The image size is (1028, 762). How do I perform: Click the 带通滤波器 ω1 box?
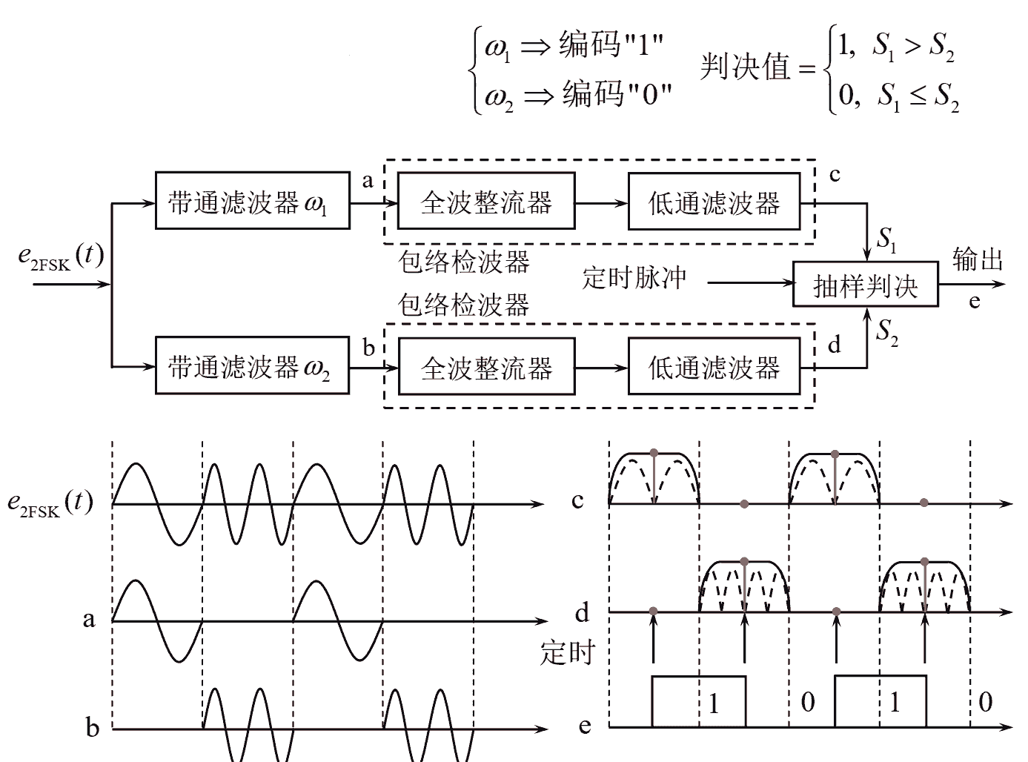coord(252,201)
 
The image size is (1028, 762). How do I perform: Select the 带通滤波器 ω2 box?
coord(252,366)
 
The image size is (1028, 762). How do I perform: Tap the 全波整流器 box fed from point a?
coord(486,201)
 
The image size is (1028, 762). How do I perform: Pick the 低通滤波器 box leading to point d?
coord(714,366)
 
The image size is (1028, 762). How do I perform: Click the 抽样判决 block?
coord(865,285)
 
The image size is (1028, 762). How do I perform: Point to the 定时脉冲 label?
coord(634,279)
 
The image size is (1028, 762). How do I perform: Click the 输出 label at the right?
coord(978,259)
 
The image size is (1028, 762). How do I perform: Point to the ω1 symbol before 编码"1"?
coord(497,47)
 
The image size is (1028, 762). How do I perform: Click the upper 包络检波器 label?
coord(464,262)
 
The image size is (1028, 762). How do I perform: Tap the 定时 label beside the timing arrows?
coord(567,652)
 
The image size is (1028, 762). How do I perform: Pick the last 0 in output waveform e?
coord(985,702)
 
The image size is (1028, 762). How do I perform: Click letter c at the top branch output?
coord(835,176)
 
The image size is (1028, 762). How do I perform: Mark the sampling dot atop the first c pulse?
coord(653,452)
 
